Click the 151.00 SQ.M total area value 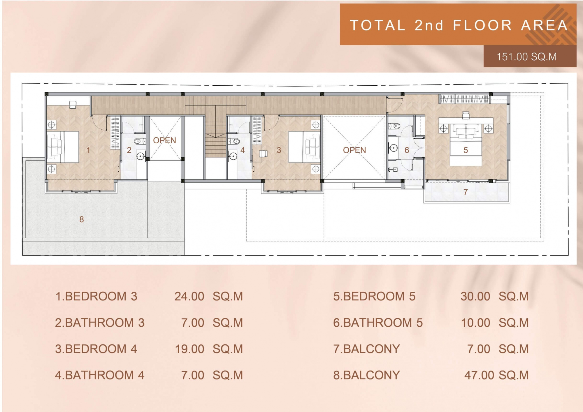526,57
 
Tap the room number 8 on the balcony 82,219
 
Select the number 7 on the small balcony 466,192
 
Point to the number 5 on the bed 466,150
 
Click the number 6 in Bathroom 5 407,150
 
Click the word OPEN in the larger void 354,150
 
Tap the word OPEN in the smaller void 164,140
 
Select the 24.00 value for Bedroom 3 189,296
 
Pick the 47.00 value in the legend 479,375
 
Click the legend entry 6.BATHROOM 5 378,323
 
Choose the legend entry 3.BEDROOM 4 96,349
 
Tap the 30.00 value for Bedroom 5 475,296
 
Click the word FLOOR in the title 482,25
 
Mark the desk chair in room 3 263,154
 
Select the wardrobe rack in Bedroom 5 465,99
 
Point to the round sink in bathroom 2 141,156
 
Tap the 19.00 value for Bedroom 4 189,349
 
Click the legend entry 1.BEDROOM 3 96,296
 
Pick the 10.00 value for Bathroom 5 476,323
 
